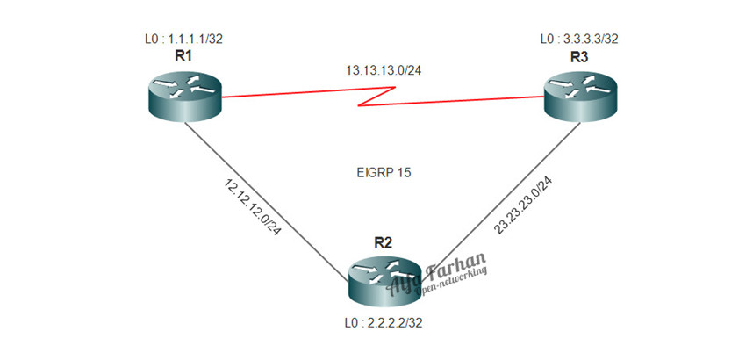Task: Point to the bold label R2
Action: tap(383, 241)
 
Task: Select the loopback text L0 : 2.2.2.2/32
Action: tap(384, 322)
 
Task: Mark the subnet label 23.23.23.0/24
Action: tap(523, 205)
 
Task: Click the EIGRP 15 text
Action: tap(379, 173)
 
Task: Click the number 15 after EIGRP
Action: tap(403, 173)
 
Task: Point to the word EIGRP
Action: tap(370, 173)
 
